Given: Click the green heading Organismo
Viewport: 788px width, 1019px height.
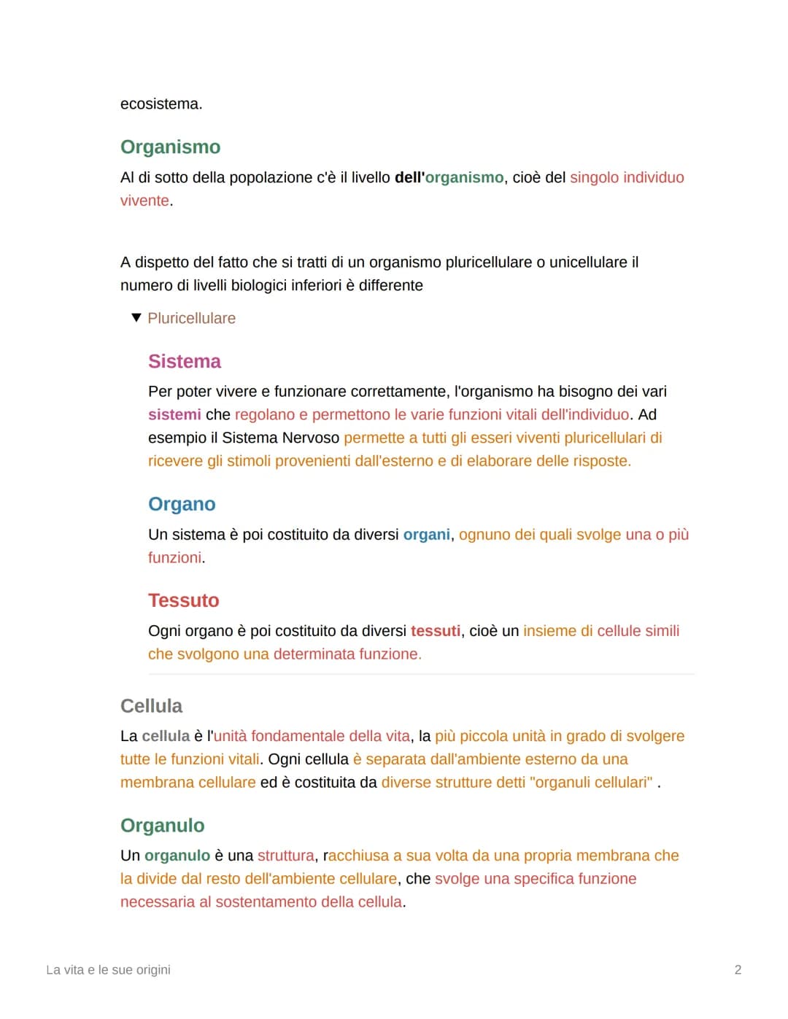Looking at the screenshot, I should coord(170,147).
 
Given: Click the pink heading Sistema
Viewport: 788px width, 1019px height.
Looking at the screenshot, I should coord(184,362).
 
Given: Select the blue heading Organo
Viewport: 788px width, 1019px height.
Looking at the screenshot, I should coord(182,505).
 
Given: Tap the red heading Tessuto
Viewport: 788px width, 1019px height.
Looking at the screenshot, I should coord(183,601).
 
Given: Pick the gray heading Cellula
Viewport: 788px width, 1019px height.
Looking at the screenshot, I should coord(151,706).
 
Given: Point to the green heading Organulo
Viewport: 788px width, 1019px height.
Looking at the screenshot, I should coord(162,826).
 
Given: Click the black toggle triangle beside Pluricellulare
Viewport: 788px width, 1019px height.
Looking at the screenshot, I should coord(136,318).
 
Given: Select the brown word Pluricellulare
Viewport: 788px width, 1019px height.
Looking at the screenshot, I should coord(191,319).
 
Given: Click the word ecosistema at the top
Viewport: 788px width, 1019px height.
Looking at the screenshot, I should coord(161,104).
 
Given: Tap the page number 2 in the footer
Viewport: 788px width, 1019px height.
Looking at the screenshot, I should coord(738,970).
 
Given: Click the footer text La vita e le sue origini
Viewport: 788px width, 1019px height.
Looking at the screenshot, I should coord(108,970).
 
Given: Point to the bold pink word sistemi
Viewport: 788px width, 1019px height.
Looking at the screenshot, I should coord(174,415).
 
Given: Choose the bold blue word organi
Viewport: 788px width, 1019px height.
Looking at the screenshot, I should coord(427,535).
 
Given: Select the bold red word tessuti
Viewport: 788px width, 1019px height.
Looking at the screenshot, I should coord(436,631).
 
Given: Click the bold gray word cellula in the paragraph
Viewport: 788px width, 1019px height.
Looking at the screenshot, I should coord(166,737).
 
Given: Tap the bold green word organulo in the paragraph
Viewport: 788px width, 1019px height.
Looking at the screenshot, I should coord(177,856).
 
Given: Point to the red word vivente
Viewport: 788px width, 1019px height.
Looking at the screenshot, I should coord(144,201).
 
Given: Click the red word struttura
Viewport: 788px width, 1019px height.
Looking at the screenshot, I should coord(285,856).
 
